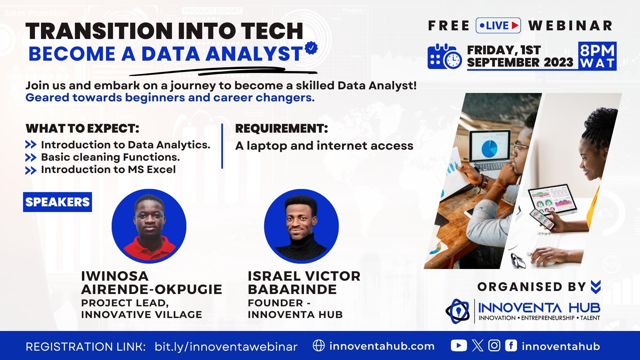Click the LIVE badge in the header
(498, 25)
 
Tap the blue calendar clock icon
(445, 56)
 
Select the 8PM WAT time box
(597, 56)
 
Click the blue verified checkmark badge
(311, 48)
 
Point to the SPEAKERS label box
(57, 202)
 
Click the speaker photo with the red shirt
(149, 226)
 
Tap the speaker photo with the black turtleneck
(301, 226)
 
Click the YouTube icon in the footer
(459, 346)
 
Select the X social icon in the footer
(478, 346)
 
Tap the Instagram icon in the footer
(494, 346)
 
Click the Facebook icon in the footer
(511, 346)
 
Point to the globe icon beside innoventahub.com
(319, 346)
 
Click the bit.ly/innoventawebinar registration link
(226, 347)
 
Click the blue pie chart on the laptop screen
(489, 149)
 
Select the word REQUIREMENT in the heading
(280, 128)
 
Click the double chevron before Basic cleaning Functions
(31, 157)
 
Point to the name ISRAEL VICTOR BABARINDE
(304, 283)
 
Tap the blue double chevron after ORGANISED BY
(595, 287)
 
